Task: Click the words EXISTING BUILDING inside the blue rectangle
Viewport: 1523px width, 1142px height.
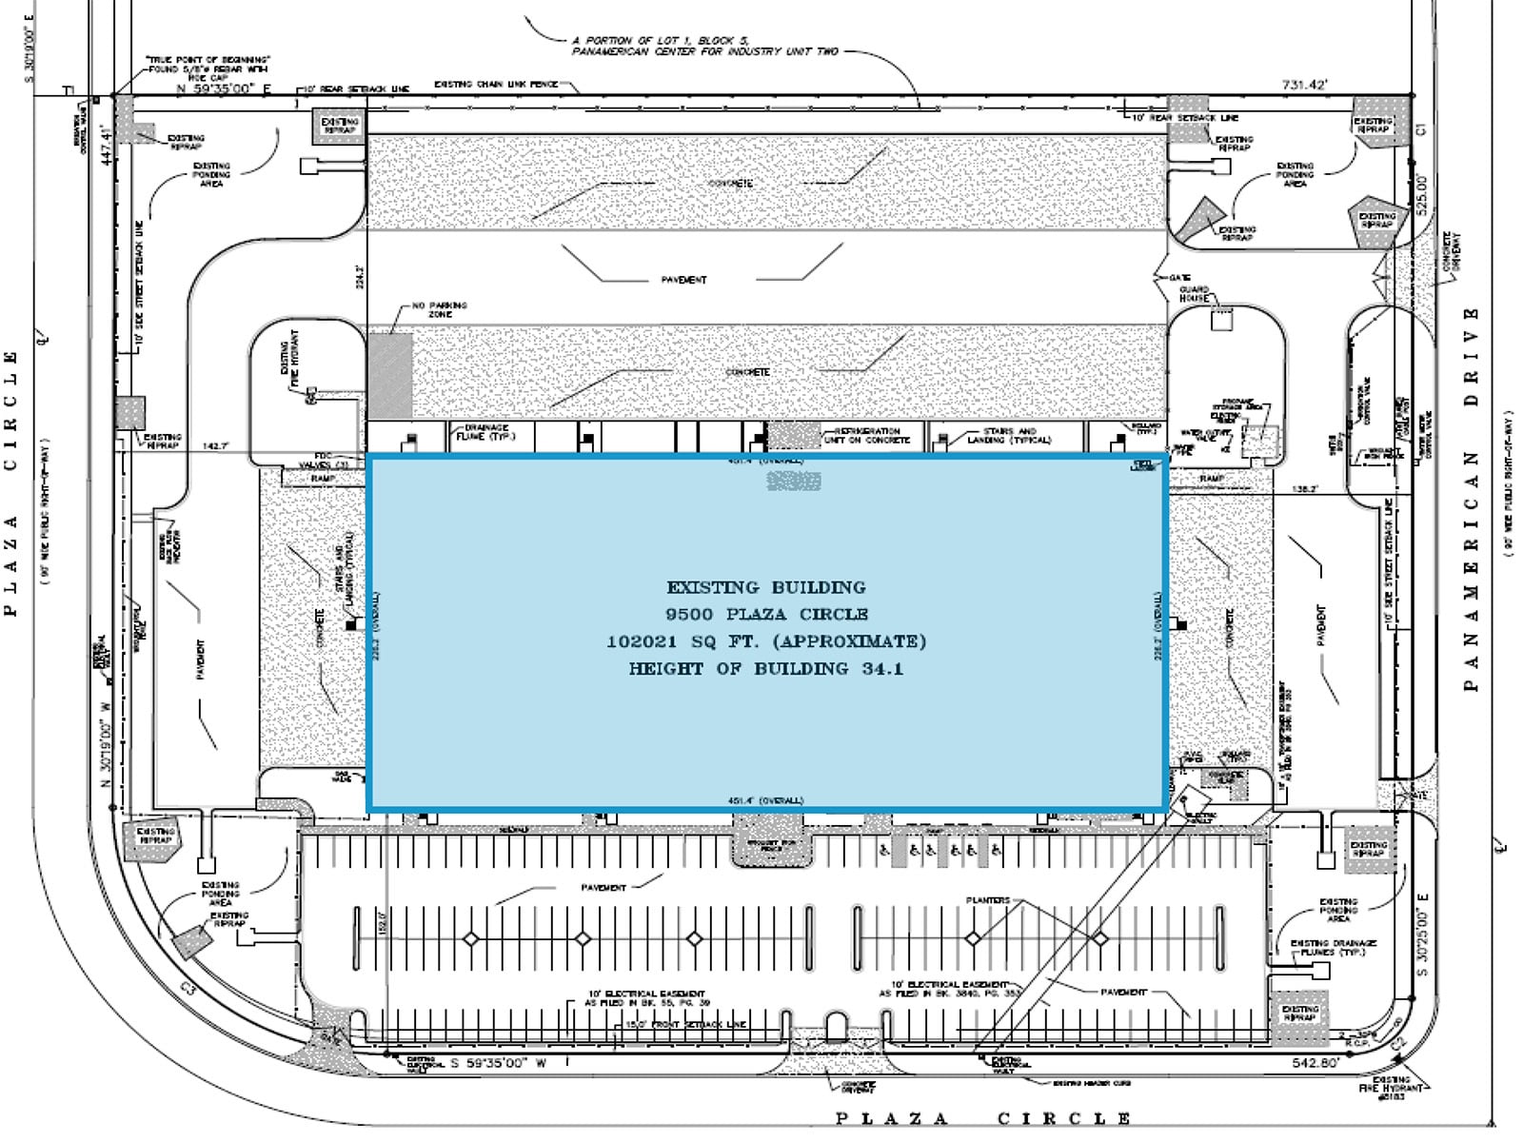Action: click(766, 587)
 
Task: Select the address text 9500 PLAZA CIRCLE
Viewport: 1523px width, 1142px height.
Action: click(766, 614)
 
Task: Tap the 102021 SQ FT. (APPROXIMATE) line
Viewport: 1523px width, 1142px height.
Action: click(766, 641)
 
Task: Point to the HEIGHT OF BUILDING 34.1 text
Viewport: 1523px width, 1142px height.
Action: click(766, 669)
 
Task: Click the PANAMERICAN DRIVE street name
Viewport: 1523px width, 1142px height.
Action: click(1472, 499)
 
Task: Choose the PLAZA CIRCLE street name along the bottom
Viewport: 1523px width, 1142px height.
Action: click(983, 1118)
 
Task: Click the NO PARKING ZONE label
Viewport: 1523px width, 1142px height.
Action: click(439, 309)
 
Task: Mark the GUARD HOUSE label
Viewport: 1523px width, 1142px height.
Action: click(1194, 293)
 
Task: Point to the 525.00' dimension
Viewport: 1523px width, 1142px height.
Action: click(1422, 194)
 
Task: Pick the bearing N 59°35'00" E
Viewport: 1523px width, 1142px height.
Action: click(225, 89)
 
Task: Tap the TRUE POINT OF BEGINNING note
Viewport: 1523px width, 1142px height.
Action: click(208, 65)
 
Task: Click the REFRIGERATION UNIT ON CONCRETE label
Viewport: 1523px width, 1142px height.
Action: click(866, 436)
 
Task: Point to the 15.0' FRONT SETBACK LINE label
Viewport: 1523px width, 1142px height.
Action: click(685, 1025)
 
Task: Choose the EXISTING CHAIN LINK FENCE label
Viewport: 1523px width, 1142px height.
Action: click(496, 85)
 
